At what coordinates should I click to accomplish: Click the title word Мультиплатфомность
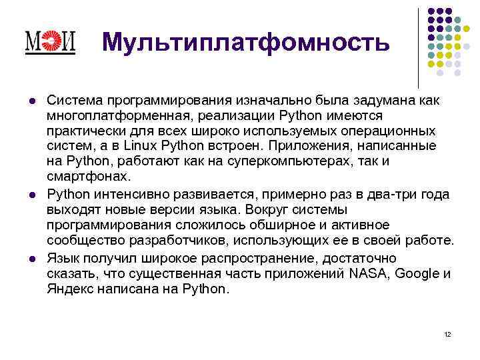coord(245,42)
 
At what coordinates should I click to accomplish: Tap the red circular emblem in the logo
coord(50,42)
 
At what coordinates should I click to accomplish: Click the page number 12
coord(447,334)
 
